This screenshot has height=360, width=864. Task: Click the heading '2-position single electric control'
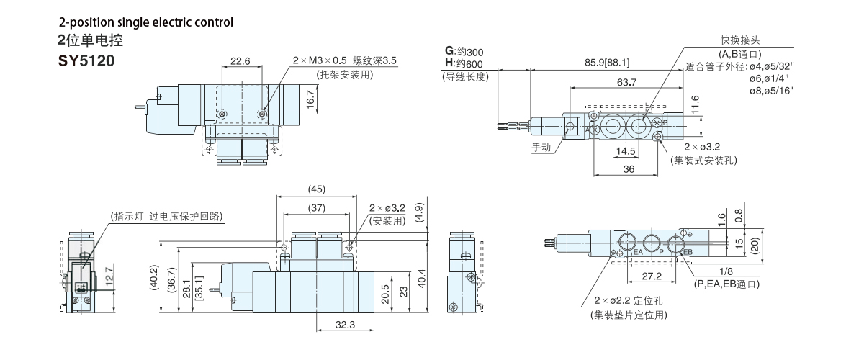point(146,22)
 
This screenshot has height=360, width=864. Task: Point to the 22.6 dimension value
point(240,61)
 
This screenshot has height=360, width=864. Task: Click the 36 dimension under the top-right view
point(629,170)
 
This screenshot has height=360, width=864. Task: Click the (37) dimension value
point(316,208)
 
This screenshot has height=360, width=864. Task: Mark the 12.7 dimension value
point(108,275)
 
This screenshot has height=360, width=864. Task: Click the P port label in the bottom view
point(661,253)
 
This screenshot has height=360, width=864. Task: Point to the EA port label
point(638,253)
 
